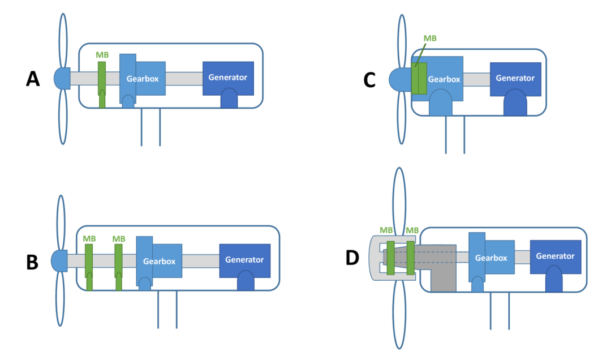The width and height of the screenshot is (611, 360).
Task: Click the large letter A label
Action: (33, 79)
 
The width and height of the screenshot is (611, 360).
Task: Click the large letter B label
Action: (33, 262)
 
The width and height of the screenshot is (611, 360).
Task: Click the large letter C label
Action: (369, 80)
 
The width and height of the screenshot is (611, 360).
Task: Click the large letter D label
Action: (352, 258)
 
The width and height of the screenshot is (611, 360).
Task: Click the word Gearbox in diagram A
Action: (143, 78)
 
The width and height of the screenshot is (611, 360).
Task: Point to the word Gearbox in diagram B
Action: (159, 262)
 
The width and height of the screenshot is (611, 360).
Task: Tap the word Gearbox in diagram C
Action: (444, 79)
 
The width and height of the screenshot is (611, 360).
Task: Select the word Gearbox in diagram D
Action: (490, 258)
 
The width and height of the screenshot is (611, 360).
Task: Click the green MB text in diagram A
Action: (102, 55)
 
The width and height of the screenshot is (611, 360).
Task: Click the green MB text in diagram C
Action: (431, 38)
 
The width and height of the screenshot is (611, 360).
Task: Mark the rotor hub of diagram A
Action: (62, 78)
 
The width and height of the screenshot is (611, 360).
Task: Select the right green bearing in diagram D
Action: (410, 258)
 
